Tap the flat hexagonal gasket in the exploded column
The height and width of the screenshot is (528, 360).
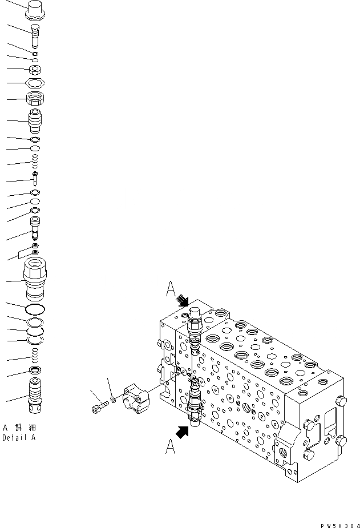coord(36,83)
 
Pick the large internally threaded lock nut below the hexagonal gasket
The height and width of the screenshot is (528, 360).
coord(36,98)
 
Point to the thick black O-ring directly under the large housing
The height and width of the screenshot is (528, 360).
coord(35,310)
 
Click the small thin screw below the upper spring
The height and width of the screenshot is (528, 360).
coord(35,179)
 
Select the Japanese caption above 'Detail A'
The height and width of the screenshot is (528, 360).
coord(18,428)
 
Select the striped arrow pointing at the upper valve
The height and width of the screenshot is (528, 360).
coord(184,300)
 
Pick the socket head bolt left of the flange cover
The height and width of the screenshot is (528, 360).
coord(98,406)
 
